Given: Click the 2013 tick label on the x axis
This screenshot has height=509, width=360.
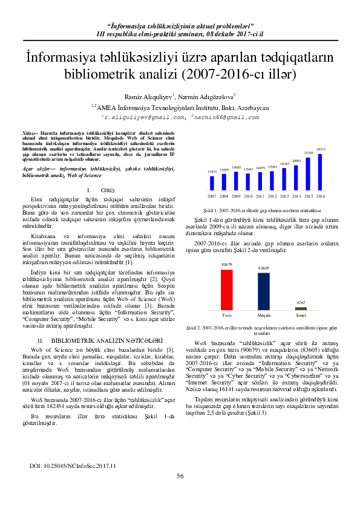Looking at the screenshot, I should click(285, 196).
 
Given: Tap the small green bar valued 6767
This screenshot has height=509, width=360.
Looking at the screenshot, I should click(301, 308).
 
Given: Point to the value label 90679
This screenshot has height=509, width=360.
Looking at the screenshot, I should click(227, 265).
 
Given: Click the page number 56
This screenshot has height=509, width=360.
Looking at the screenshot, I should click(180, 493).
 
